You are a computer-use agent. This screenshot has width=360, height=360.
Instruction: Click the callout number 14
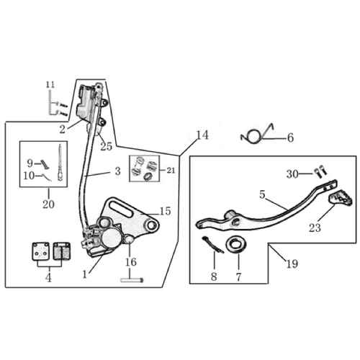pos(202,135)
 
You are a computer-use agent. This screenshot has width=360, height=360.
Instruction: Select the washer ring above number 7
pos(236,245)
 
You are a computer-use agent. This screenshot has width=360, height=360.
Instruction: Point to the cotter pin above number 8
pos(213,245)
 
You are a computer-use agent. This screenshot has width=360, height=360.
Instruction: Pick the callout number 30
pos(292,174)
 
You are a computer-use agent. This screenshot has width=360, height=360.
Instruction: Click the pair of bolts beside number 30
pos(320,172)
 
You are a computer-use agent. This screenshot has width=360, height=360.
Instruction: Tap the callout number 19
pos(292,264)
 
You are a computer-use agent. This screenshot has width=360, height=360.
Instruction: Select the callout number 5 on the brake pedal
pos(262,194)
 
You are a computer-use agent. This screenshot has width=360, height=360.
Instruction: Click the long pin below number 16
pos(131,280)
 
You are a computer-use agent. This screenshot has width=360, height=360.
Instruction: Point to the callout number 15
pos(165,211)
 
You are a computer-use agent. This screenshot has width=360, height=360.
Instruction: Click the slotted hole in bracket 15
pos(121,210)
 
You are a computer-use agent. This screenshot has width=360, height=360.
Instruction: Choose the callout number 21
pos(171,170)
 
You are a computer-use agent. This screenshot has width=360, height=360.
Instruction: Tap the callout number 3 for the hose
pos(117,171)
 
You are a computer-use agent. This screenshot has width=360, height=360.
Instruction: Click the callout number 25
pos(107,146)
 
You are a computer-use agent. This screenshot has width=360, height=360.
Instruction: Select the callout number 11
pos(50,85)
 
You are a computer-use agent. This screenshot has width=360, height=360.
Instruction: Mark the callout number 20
pos(48,204)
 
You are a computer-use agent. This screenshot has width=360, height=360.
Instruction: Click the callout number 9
pos(30,163)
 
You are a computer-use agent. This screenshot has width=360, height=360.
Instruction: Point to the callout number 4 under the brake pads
pos(48,278)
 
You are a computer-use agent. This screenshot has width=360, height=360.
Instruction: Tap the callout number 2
pos(63,130)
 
